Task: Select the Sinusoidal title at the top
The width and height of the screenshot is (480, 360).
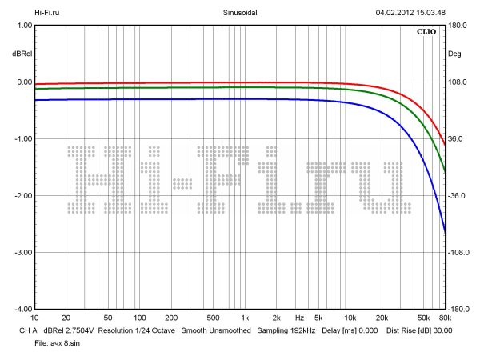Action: [240, 13]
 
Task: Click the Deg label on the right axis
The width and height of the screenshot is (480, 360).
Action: [455, 54]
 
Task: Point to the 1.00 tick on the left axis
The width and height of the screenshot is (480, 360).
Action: [22, 26]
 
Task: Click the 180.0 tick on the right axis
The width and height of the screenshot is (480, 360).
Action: [457, 26]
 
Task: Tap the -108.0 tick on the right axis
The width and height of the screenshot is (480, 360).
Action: [458, 252]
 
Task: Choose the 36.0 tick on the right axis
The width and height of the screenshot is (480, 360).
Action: [455, 139]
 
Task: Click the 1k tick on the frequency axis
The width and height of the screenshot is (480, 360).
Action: [245, 318]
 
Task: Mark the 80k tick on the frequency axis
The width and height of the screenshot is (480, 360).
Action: [445, 318]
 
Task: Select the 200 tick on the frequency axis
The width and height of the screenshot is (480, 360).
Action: [170, 318]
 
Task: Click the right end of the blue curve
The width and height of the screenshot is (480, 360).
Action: [445, 231]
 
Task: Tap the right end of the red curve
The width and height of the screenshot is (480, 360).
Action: [445, 145]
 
